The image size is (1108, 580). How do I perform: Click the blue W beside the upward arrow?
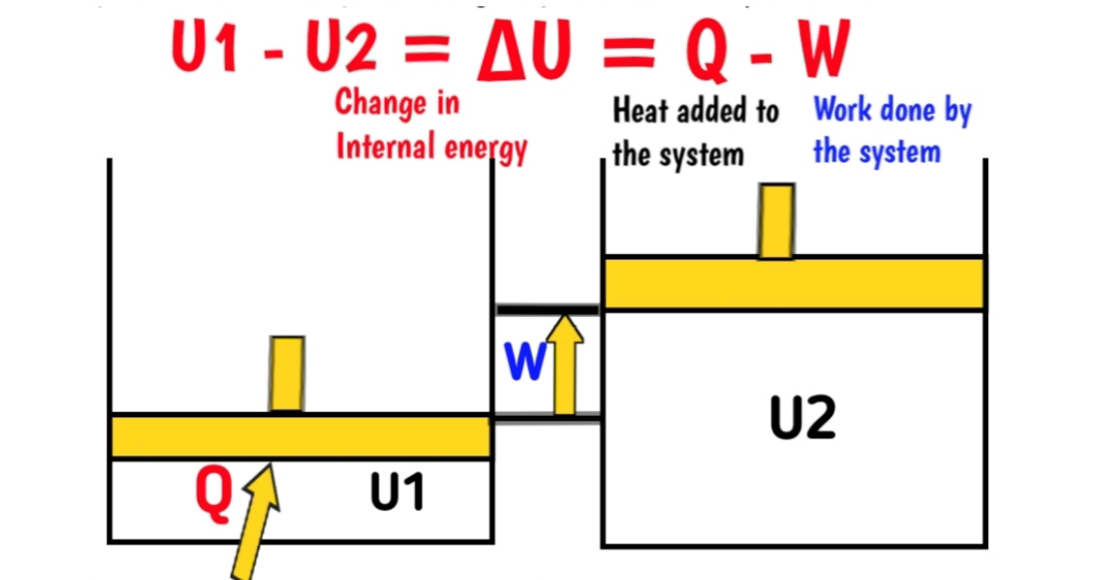coord(524,363)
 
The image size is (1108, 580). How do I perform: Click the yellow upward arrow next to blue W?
coord(565,364)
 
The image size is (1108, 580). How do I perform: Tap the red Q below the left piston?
coord(213,494)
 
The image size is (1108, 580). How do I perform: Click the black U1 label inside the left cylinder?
coord(397,494)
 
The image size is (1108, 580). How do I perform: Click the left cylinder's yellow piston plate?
coord(300,436)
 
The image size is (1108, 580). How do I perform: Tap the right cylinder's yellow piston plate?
coord(794,283)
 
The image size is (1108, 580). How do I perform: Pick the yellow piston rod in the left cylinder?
coord(286,374)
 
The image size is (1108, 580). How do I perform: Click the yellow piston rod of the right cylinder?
coord(776,222)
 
